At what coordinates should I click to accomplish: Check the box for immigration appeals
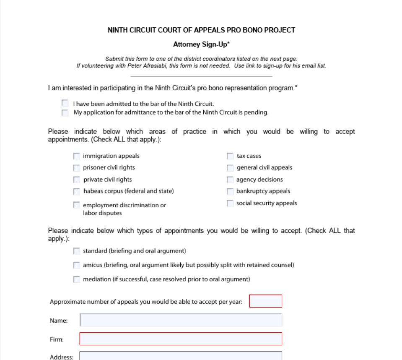[76, 156]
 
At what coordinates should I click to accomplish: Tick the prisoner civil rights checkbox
[76, 168]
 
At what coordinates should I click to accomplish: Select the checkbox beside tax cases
[230, 156]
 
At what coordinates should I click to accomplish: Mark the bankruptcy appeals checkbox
[230, 192]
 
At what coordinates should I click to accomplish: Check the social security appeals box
[230, 203]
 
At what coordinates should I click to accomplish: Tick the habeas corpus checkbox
[76, 192]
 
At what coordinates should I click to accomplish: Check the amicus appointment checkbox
[76, 265]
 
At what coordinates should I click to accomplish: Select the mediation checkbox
[76, 279]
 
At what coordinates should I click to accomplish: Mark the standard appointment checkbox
[76, 251]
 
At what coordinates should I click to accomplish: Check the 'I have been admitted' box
[65, 103]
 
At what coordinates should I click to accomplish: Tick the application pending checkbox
[65, 112]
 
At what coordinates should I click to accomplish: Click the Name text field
[181, 320]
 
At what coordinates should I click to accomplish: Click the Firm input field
[181, 339]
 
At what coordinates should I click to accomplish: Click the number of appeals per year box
[265, 301]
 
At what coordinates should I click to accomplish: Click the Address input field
[181, 356]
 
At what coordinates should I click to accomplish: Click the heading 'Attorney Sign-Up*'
[201, 44]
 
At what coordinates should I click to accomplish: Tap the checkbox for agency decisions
[230, 180]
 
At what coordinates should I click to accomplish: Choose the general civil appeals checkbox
[230, 168]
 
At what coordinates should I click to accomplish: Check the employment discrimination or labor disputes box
[76, 205]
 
